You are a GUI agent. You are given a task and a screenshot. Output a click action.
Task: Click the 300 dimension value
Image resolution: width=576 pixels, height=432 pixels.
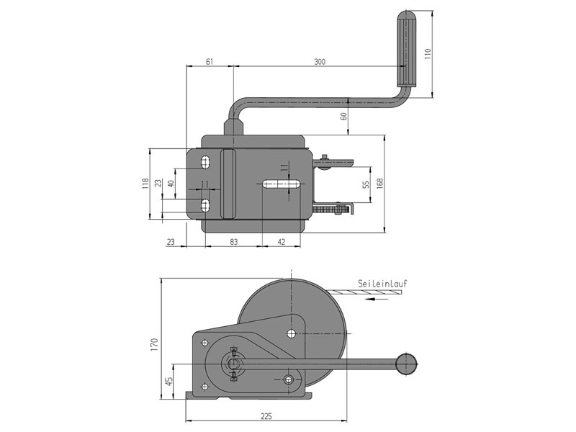[320, 63]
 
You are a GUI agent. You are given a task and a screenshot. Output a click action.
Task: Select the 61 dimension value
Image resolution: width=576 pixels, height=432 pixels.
[210, 63]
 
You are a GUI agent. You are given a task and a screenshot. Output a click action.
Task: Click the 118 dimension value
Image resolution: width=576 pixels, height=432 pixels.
[145, 183]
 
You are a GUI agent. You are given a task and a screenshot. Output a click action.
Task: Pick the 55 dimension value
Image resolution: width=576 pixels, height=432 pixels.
[366, 184]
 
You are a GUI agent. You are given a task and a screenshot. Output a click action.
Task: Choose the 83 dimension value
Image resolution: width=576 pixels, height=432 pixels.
[234, 242]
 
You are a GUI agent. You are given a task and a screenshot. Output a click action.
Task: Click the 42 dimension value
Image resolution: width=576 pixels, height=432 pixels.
[282, 242]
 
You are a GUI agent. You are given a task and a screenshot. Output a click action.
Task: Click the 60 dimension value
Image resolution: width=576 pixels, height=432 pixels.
[343, 115]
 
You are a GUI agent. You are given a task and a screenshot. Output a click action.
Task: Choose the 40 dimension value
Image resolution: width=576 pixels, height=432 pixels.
[171, 184]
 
